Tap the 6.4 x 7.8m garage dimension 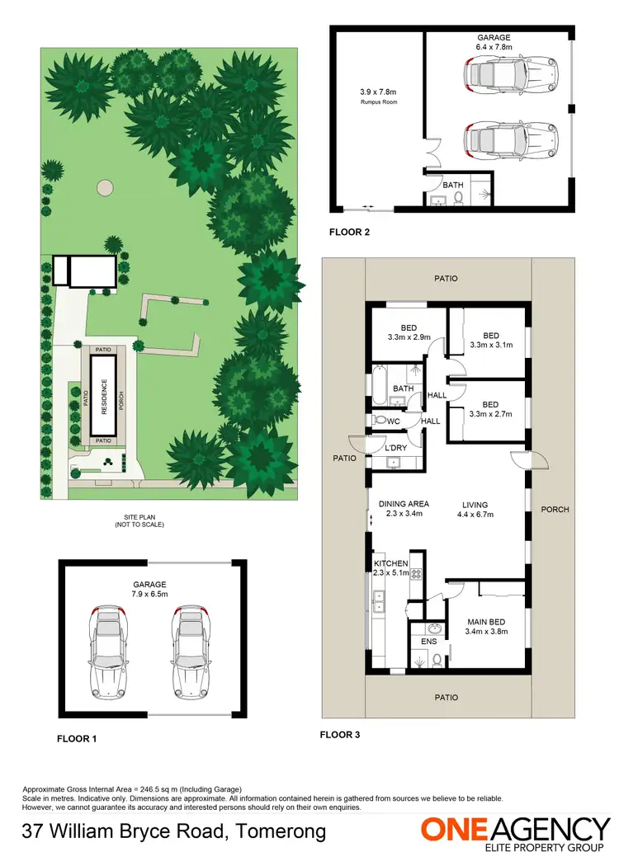point(494,48)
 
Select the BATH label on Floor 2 point(453,185)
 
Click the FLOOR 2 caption point(349,232)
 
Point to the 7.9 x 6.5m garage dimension point(150,594)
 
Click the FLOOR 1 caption point(77,739)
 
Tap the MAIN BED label point(485,621)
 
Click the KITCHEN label point(391,563)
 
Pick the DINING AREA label point(404,504)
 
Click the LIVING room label point(475,505)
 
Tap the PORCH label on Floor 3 point(555,509)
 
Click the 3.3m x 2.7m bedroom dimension point(491,414)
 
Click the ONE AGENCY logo point(516,830)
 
